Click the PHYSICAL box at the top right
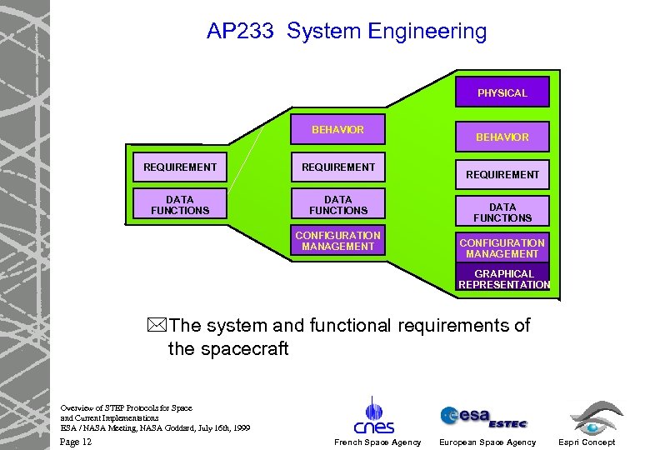(x=502, y=92)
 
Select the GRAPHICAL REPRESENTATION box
(x=503, y=279)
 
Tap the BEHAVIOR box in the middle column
(x=337, y=130)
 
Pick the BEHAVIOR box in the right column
(x=502, y=137)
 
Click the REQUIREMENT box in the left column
(x=179, y=167)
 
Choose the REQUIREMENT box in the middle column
(x=337, y=167)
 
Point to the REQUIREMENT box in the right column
(x=502, y=174)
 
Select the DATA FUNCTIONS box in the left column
(x=179, y=205)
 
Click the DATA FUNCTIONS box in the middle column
(x=337, y=205)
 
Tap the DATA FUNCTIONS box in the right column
(x=502, y=212)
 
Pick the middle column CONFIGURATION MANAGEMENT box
(x=337, y=241)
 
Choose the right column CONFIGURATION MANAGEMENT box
(x=502, y=248)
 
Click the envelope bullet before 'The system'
(x=159, y=326)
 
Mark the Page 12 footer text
(x=76, y=442)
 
